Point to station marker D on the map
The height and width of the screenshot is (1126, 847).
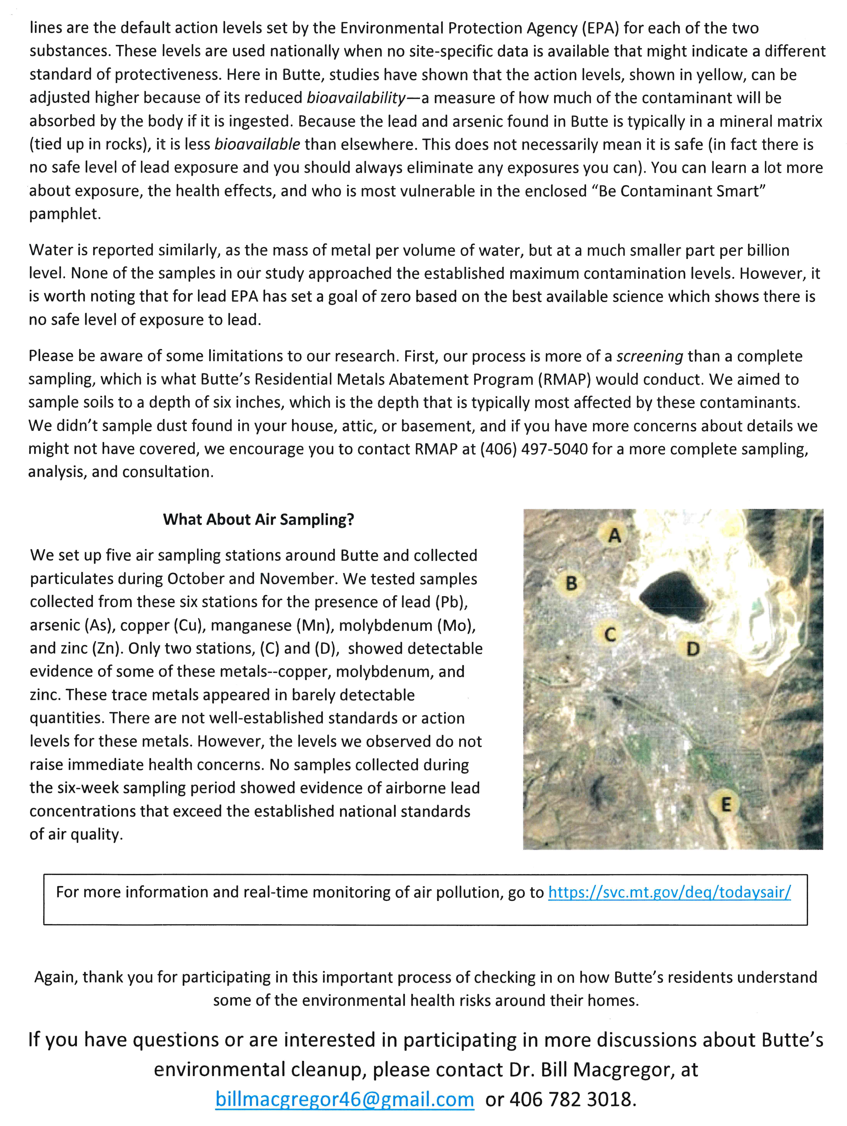[x=693, y=648]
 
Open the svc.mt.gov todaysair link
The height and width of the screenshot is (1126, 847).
[x=669, y=892]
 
